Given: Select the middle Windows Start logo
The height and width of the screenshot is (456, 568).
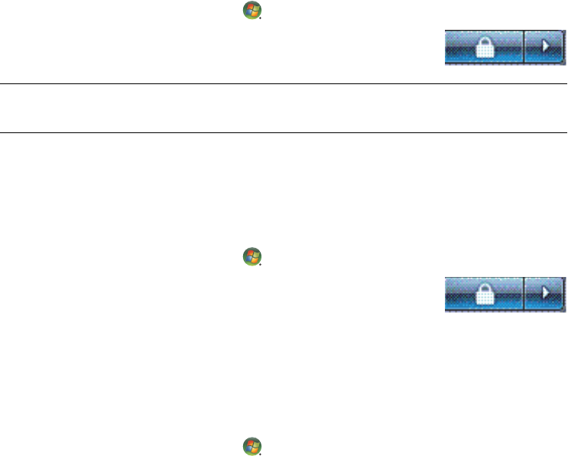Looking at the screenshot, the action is point(252,256).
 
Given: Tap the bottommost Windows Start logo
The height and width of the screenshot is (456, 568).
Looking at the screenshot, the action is point(252,446).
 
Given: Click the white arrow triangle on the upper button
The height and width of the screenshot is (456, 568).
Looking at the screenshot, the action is point(546,46).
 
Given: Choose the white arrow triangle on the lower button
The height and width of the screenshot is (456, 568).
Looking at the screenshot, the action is point(546,293).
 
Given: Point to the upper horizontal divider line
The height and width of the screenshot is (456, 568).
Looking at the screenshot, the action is point(284,84).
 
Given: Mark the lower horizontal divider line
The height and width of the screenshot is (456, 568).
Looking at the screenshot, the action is point(284,132).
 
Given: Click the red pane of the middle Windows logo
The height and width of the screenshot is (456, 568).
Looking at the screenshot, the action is point(249,253).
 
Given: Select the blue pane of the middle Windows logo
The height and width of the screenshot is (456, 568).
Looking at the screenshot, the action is point(248,259).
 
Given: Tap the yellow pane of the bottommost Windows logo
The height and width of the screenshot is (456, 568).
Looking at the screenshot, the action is point(255,450).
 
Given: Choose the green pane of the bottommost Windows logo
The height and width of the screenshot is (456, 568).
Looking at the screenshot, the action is point(255,444).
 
